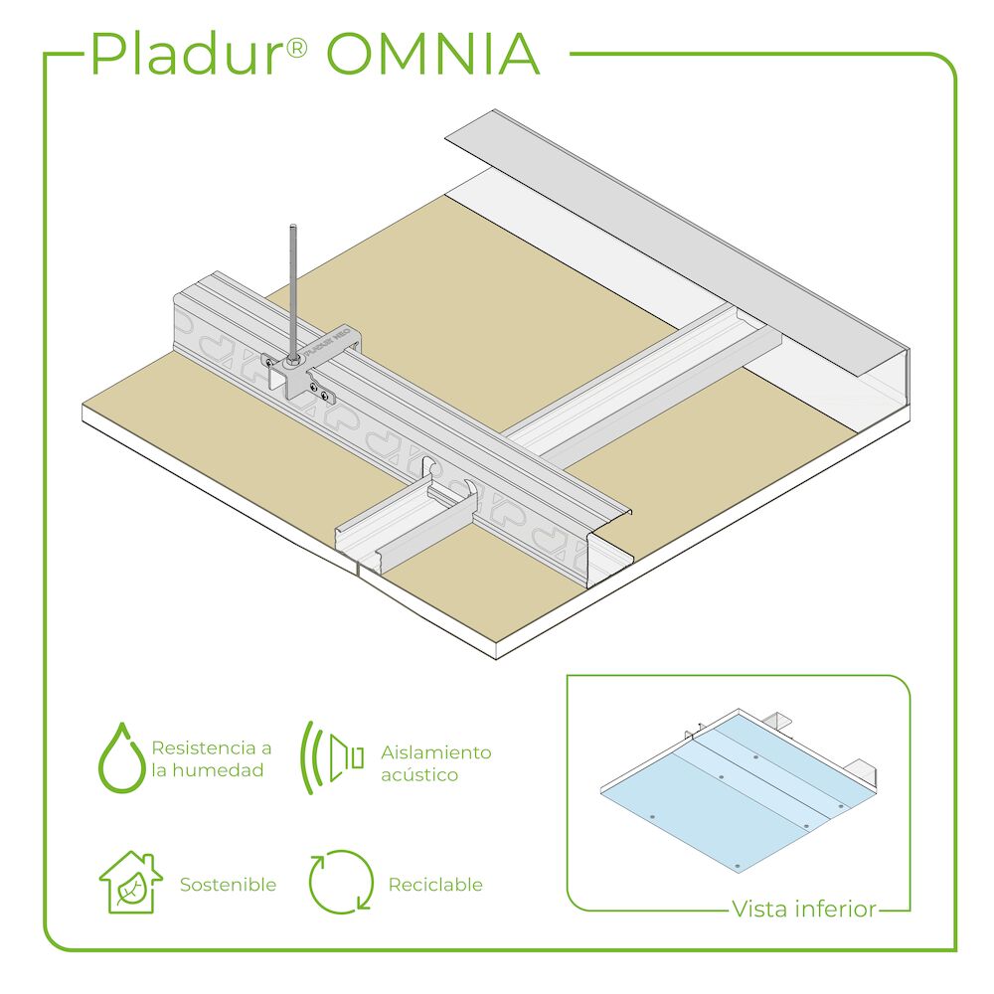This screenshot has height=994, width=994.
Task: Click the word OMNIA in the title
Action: (433, 54)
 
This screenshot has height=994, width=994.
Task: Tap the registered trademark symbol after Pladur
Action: (296, 48)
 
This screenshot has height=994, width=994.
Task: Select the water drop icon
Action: (121, 757)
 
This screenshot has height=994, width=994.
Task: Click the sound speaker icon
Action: (332, 757)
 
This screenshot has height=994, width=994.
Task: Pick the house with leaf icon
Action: (130, 882)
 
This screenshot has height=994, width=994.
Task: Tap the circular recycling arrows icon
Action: (341, 882)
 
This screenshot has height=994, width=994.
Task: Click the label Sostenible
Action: (228, 885)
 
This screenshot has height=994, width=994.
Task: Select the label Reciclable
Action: (435, 885)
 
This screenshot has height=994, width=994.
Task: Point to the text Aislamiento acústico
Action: (436, 763)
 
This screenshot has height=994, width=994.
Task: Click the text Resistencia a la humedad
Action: (211, 758)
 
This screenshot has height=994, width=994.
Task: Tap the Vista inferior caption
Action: (804, 909)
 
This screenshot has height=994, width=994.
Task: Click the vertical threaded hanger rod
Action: (293, 291)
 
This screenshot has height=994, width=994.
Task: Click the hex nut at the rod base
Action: (293, 361)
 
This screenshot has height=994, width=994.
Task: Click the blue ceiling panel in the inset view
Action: (739, 792)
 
